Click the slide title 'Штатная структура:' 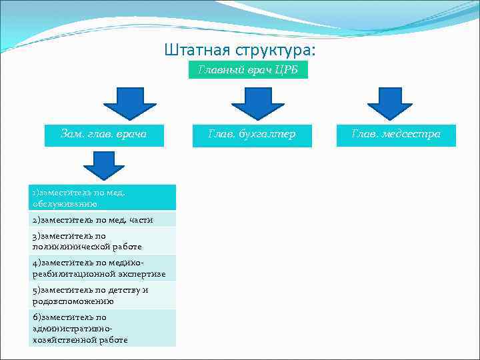tap(240, 51)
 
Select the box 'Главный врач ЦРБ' tap(248, 71)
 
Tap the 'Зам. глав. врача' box tap(103, 135)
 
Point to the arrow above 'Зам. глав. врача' tap(129, 102)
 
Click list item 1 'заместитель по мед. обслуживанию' tap(103, 197)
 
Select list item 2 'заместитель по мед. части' tap(103, 219)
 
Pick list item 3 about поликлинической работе tap(103, 241)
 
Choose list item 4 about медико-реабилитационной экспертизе tap(103, 269)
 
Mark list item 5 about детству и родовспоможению tap(103, 295)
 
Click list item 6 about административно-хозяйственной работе tap(103, 328)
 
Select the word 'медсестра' tap(416, 135)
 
